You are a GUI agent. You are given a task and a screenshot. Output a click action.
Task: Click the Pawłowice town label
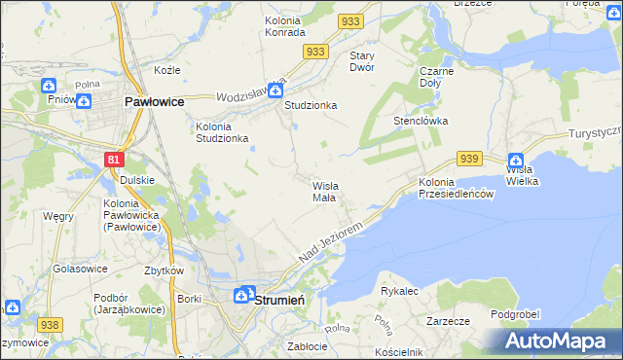(156, 101)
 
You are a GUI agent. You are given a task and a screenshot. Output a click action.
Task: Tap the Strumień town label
(279, 301)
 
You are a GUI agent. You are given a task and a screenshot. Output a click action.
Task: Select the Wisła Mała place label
(324, 190)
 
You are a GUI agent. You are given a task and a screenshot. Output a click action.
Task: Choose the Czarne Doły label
(438, 77)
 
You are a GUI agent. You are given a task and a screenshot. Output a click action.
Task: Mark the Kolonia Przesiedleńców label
(458, 188)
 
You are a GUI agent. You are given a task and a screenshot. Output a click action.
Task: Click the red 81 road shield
(115, 159)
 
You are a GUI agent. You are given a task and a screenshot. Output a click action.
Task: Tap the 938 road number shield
(49, 324)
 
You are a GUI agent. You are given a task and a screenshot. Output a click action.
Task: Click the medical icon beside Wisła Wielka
(515, 161)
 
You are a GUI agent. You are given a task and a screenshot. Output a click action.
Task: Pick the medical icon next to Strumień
(244, 295)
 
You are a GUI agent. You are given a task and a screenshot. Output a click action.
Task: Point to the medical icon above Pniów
(50, 86)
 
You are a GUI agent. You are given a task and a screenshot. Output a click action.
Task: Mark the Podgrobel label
(515, 313)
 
